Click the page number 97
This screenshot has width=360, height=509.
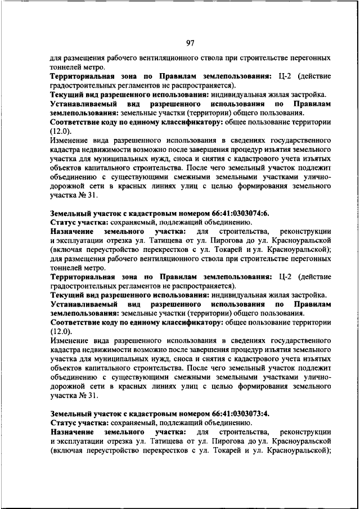point(190,43)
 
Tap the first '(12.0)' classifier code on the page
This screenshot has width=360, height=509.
point(61,130)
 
